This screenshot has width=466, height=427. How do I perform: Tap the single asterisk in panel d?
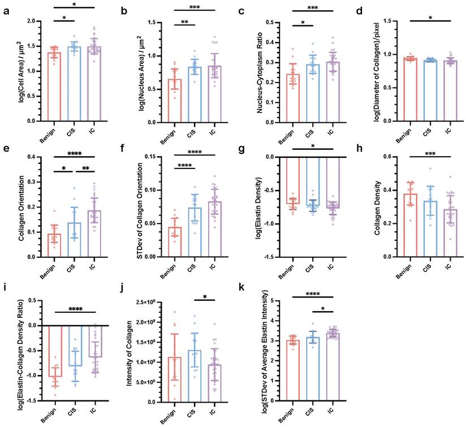[x=432, y=19]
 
